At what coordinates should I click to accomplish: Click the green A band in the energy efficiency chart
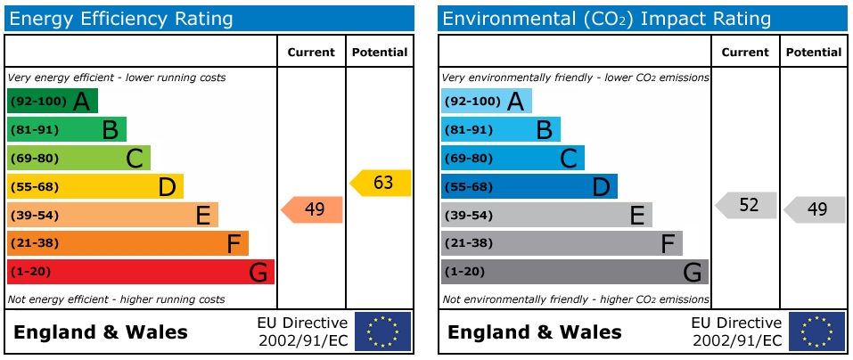[52, 101]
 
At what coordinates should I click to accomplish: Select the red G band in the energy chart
[140, 272]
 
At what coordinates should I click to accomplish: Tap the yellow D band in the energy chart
[94, 186]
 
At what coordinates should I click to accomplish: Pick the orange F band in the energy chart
[127, 243]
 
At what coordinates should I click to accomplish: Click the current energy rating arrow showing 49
[313, 209]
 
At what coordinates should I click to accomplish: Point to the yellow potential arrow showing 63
[381, 183]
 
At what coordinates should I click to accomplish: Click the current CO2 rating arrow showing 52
[747, 205]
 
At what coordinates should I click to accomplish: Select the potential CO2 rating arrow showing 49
[816, 209]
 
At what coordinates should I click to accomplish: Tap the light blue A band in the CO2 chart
[486, 101]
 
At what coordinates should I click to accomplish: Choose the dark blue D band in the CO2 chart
[529, 186]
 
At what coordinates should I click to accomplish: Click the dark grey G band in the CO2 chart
[574, 272]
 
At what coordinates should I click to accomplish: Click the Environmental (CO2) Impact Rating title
[606, 18]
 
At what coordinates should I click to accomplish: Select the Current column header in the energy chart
[311, 53]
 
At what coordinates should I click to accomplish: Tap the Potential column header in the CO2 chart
[813, 53]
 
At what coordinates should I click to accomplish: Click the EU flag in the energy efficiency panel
[382, 331]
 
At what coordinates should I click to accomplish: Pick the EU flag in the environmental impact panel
[816, 331]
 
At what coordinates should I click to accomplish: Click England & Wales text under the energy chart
[101, 332]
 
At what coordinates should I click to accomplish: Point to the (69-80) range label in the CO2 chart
[468, 158]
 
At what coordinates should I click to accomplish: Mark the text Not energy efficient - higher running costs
[116, 299]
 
